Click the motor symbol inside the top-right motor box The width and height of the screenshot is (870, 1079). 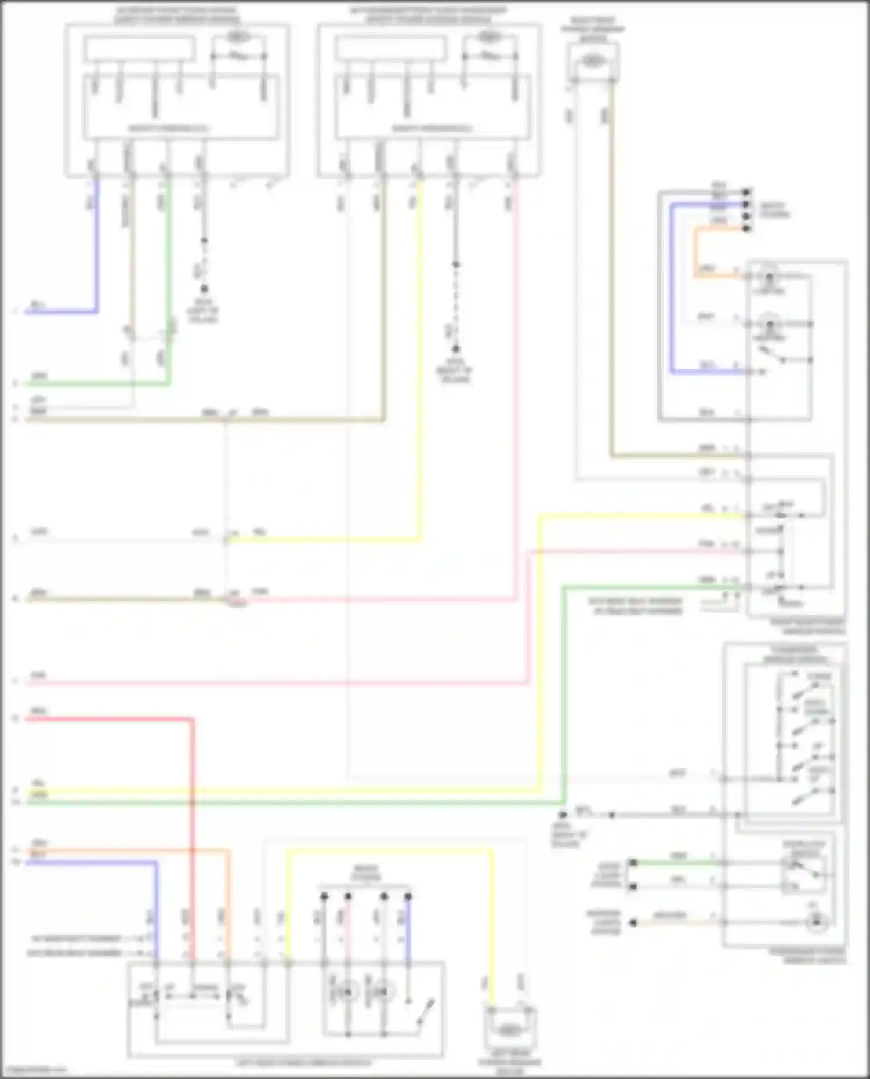click(x=591, y=61)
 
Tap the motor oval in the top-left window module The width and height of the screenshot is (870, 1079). click(x=235, y=37)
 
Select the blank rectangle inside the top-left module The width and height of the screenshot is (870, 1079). click(x=139, y=48)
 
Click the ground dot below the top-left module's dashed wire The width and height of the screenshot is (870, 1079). click(x=204, y=289)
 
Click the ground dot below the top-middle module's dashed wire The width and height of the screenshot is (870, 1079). click(x=456, y=348)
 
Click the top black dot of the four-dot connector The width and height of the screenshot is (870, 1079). click(x=747, y=192)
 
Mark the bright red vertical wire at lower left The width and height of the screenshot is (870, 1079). click(x=192, y=812)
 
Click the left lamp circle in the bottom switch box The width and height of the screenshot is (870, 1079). click(x=347, y=993)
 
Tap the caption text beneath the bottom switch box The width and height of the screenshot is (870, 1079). click(x=303, y=1063)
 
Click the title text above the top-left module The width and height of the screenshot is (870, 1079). click(x=176, y=15)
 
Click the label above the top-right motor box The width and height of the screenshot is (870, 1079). click(x=592, y=29)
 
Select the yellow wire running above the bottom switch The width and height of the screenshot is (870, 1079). click(x=389, y=851)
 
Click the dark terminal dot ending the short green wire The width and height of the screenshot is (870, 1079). click(x=633, y=863)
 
